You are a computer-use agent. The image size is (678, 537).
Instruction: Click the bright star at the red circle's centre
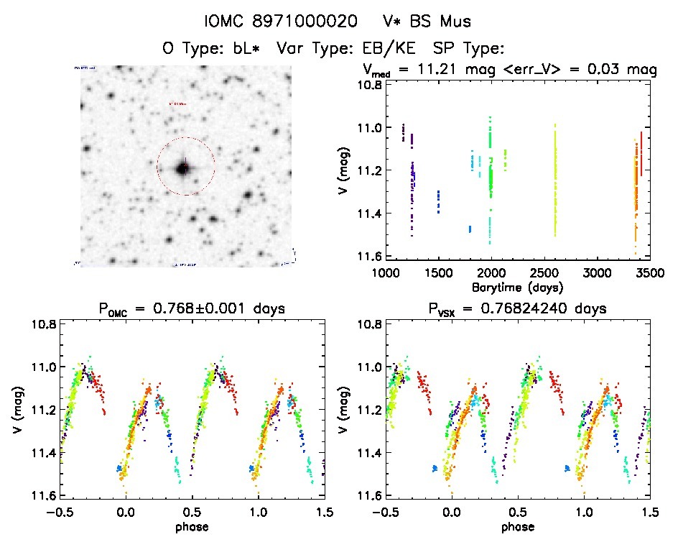[x=183, y=168]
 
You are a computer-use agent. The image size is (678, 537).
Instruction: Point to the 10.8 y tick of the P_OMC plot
[x=44, y=325]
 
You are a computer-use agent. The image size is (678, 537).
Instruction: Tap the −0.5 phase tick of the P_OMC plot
[x=60, y=513]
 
